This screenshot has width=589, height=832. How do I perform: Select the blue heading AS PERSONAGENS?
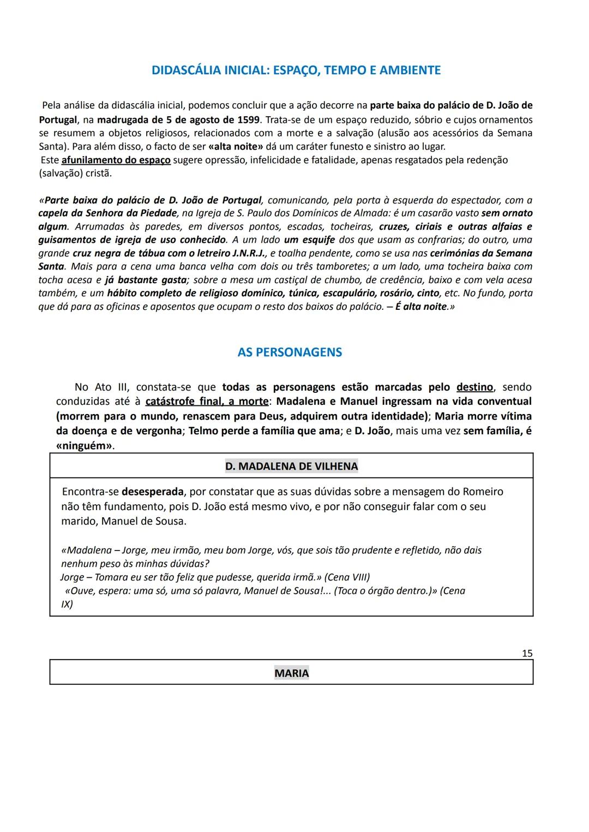(290, 352)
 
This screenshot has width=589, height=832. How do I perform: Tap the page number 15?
(527, 653)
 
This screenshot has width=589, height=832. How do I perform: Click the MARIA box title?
(291, 673)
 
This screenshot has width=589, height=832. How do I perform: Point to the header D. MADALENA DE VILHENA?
(291, 466)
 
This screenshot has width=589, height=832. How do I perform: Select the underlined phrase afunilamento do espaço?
(116, 160)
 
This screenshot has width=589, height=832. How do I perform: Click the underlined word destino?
(474, 387)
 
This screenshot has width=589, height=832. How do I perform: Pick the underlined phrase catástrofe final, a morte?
(207, 402)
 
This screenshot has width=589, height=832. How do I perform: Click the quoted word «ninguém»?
(84, 446)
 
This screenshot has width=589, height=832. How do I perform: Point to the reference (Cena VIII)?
(347, 577)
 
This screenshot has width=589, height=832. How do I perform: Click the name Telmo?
(203, 431)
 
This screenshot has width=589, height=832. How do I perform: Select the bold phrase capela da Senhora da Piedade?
(107, 213)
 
